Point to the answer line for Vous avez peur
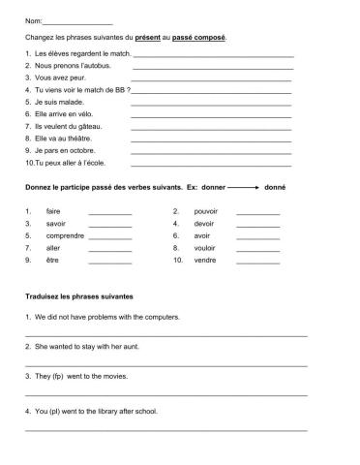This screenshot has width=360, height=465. coord(211,78)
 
